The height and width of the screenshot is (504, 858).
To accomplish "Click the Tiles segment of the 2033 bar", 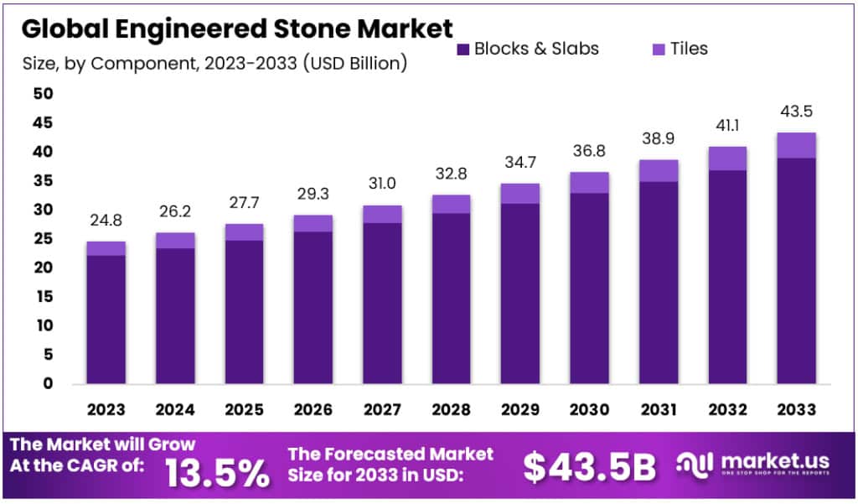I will click(x=796, y=145).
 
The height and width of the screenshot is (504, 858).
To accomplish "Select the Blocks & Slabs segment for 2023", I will click(x=106, y=319).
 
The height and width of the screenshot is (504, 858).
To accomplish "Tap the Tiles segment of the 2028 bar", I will click(x=452, y=204).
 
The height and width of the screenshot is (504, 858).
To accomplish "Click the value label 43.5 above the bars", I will click(x=796, y=112).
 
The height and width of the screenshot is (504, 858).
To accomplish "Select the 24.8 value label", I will click(x=106, y=221).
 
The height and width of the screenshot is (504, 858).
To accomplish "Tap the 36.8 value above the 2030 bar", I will click(x=589, y=151).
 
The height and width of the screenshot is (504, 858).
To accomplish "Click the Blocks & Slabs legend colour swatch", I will click(x=463, y=49).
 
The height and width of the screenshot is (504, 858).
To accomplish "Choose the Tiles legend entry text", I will click(x=689, y=49).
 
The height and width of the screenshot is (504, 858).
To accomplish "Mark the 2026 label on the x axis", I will click(x=313, y=409).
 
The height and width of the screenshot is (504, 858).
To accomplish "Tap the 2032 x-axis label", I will click(x=726, y=409).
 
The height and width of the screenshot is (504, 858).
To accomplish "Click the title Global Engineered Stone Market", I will click(x=237, y=28).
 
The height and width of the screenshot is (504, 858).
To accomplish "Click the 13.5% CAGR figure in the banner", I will click(x=217, y=473).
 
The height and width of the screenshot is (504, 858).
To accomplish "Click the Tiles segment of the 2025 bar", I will click(x=245, y=232).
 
